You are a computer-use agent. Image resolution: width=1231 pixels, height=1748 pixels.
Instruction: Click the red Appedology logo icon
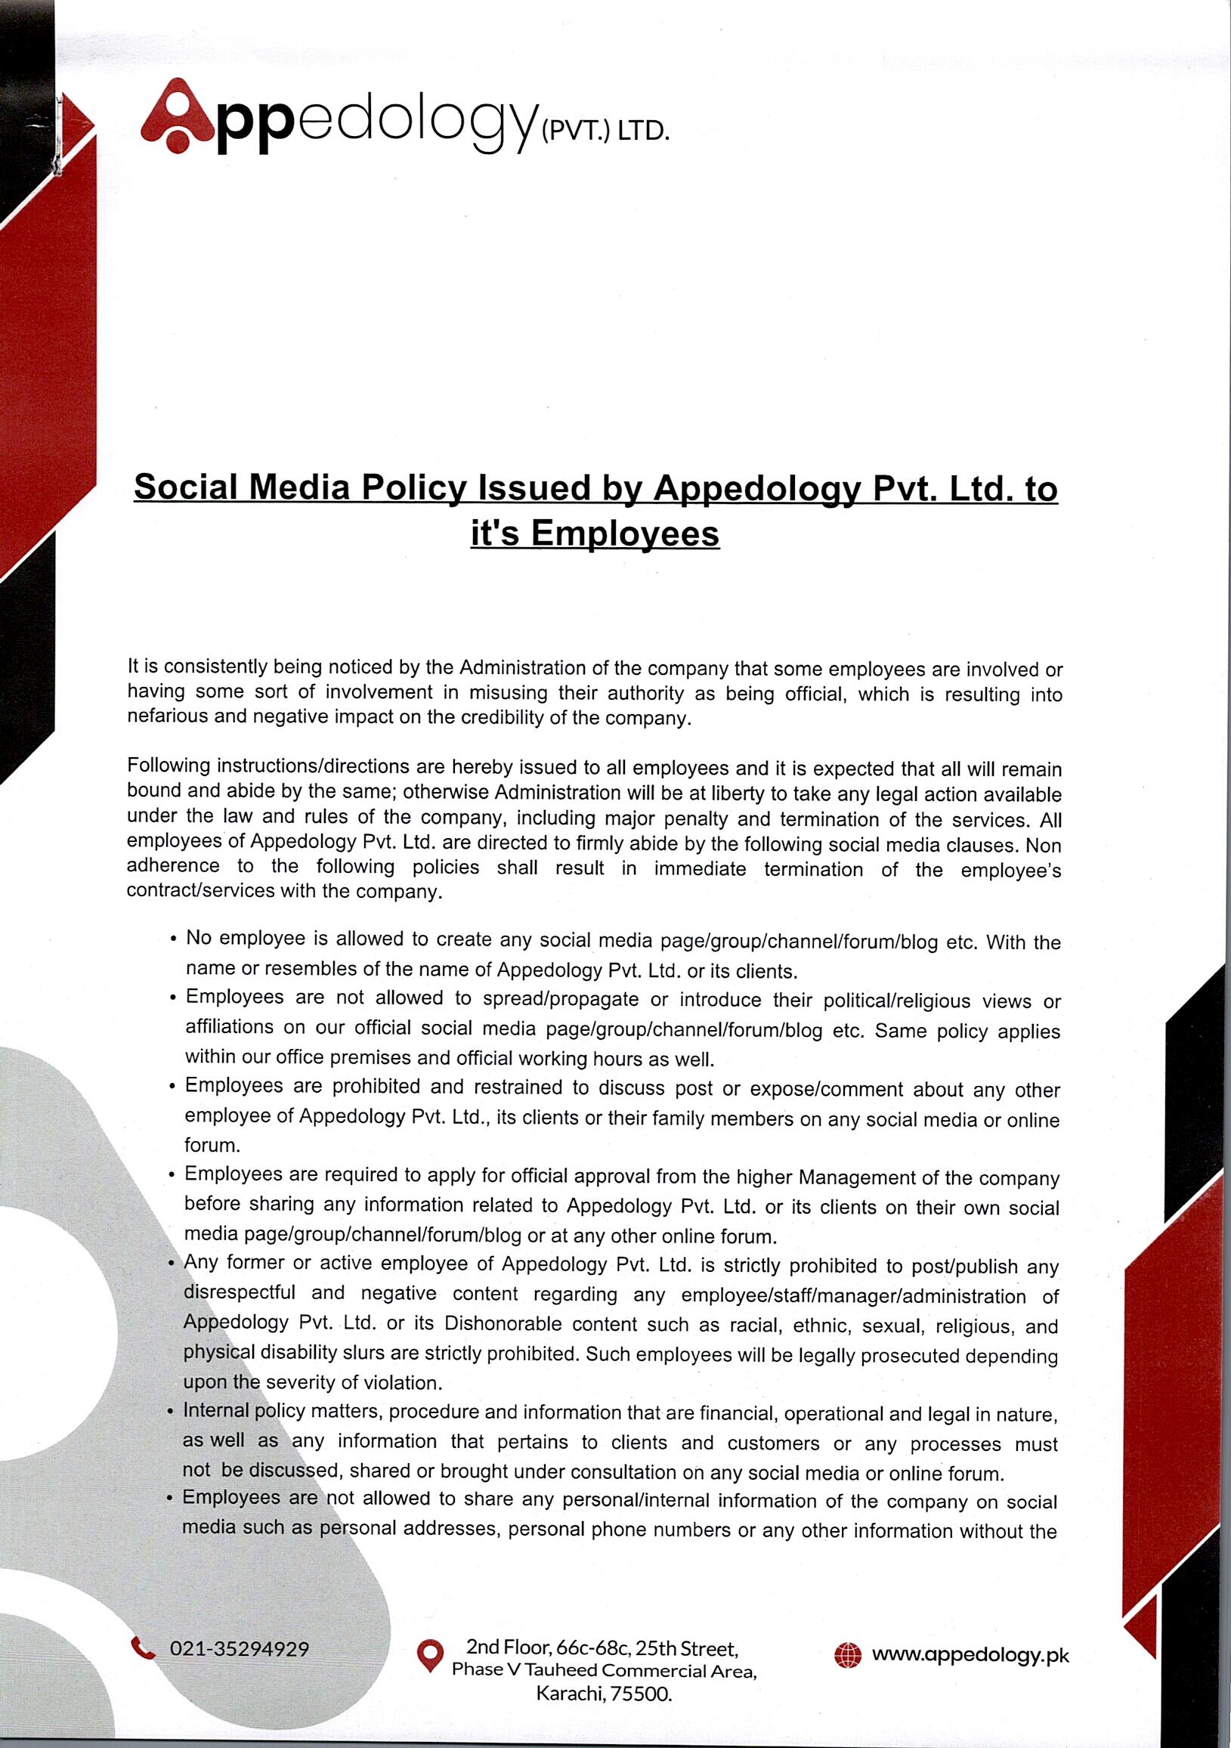pos(178,116)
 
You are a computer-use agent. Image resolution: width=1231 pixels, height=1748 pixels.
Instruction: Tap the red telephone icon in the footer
pos(143,1648)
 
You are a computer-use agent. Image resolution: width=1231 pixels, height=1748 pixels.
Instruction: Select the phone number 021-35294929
pos(239,1649)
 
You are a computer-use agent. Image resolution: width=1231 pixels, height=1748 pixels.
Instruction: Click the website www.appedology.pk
pos(970,1654)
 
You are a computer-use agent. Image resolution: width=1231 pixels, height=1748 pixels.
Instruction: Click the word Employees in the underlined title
pos(624,533)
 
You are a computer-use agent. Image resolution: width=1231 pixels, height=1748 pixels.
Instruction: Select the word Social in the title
pos(186,487)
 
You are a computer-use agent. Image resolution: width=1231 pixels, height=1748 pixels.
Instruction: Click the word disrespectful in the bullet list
pos(239,1293)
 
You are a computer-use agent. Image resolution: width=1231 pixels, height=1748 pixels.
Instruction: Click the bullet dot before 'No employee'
pos(175,939)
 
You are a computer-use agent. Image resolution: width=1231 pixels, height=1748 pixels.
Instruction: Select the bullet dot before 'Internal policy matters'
pos(171,1412)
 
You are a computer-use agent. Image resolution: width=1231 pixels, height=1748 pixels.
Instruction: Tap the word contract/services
pos(200,891)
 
